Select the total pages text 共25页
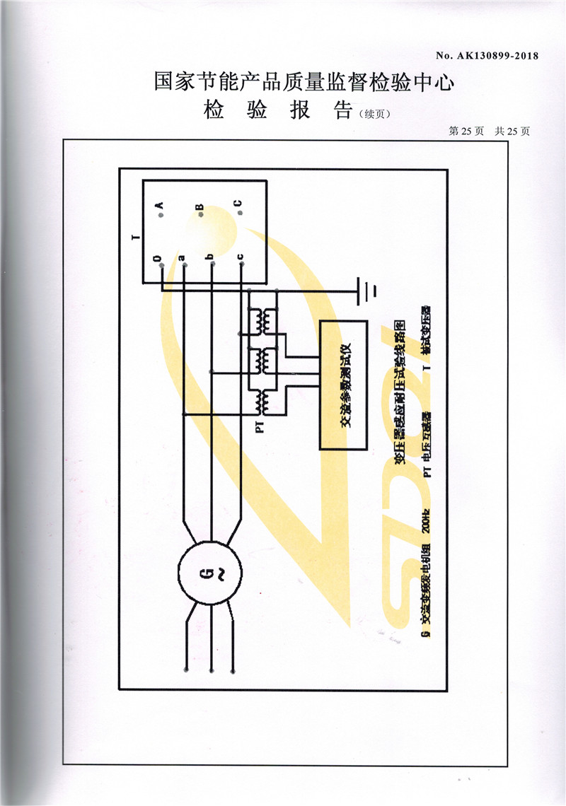[x=512, y=131]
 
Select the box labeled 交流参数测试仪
[x=343, y=385]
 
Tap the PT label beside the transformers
[x=259, y=428]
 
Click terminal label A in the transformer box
[x=160, y=206]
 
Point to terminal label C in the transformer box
[x=238, y=206]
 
